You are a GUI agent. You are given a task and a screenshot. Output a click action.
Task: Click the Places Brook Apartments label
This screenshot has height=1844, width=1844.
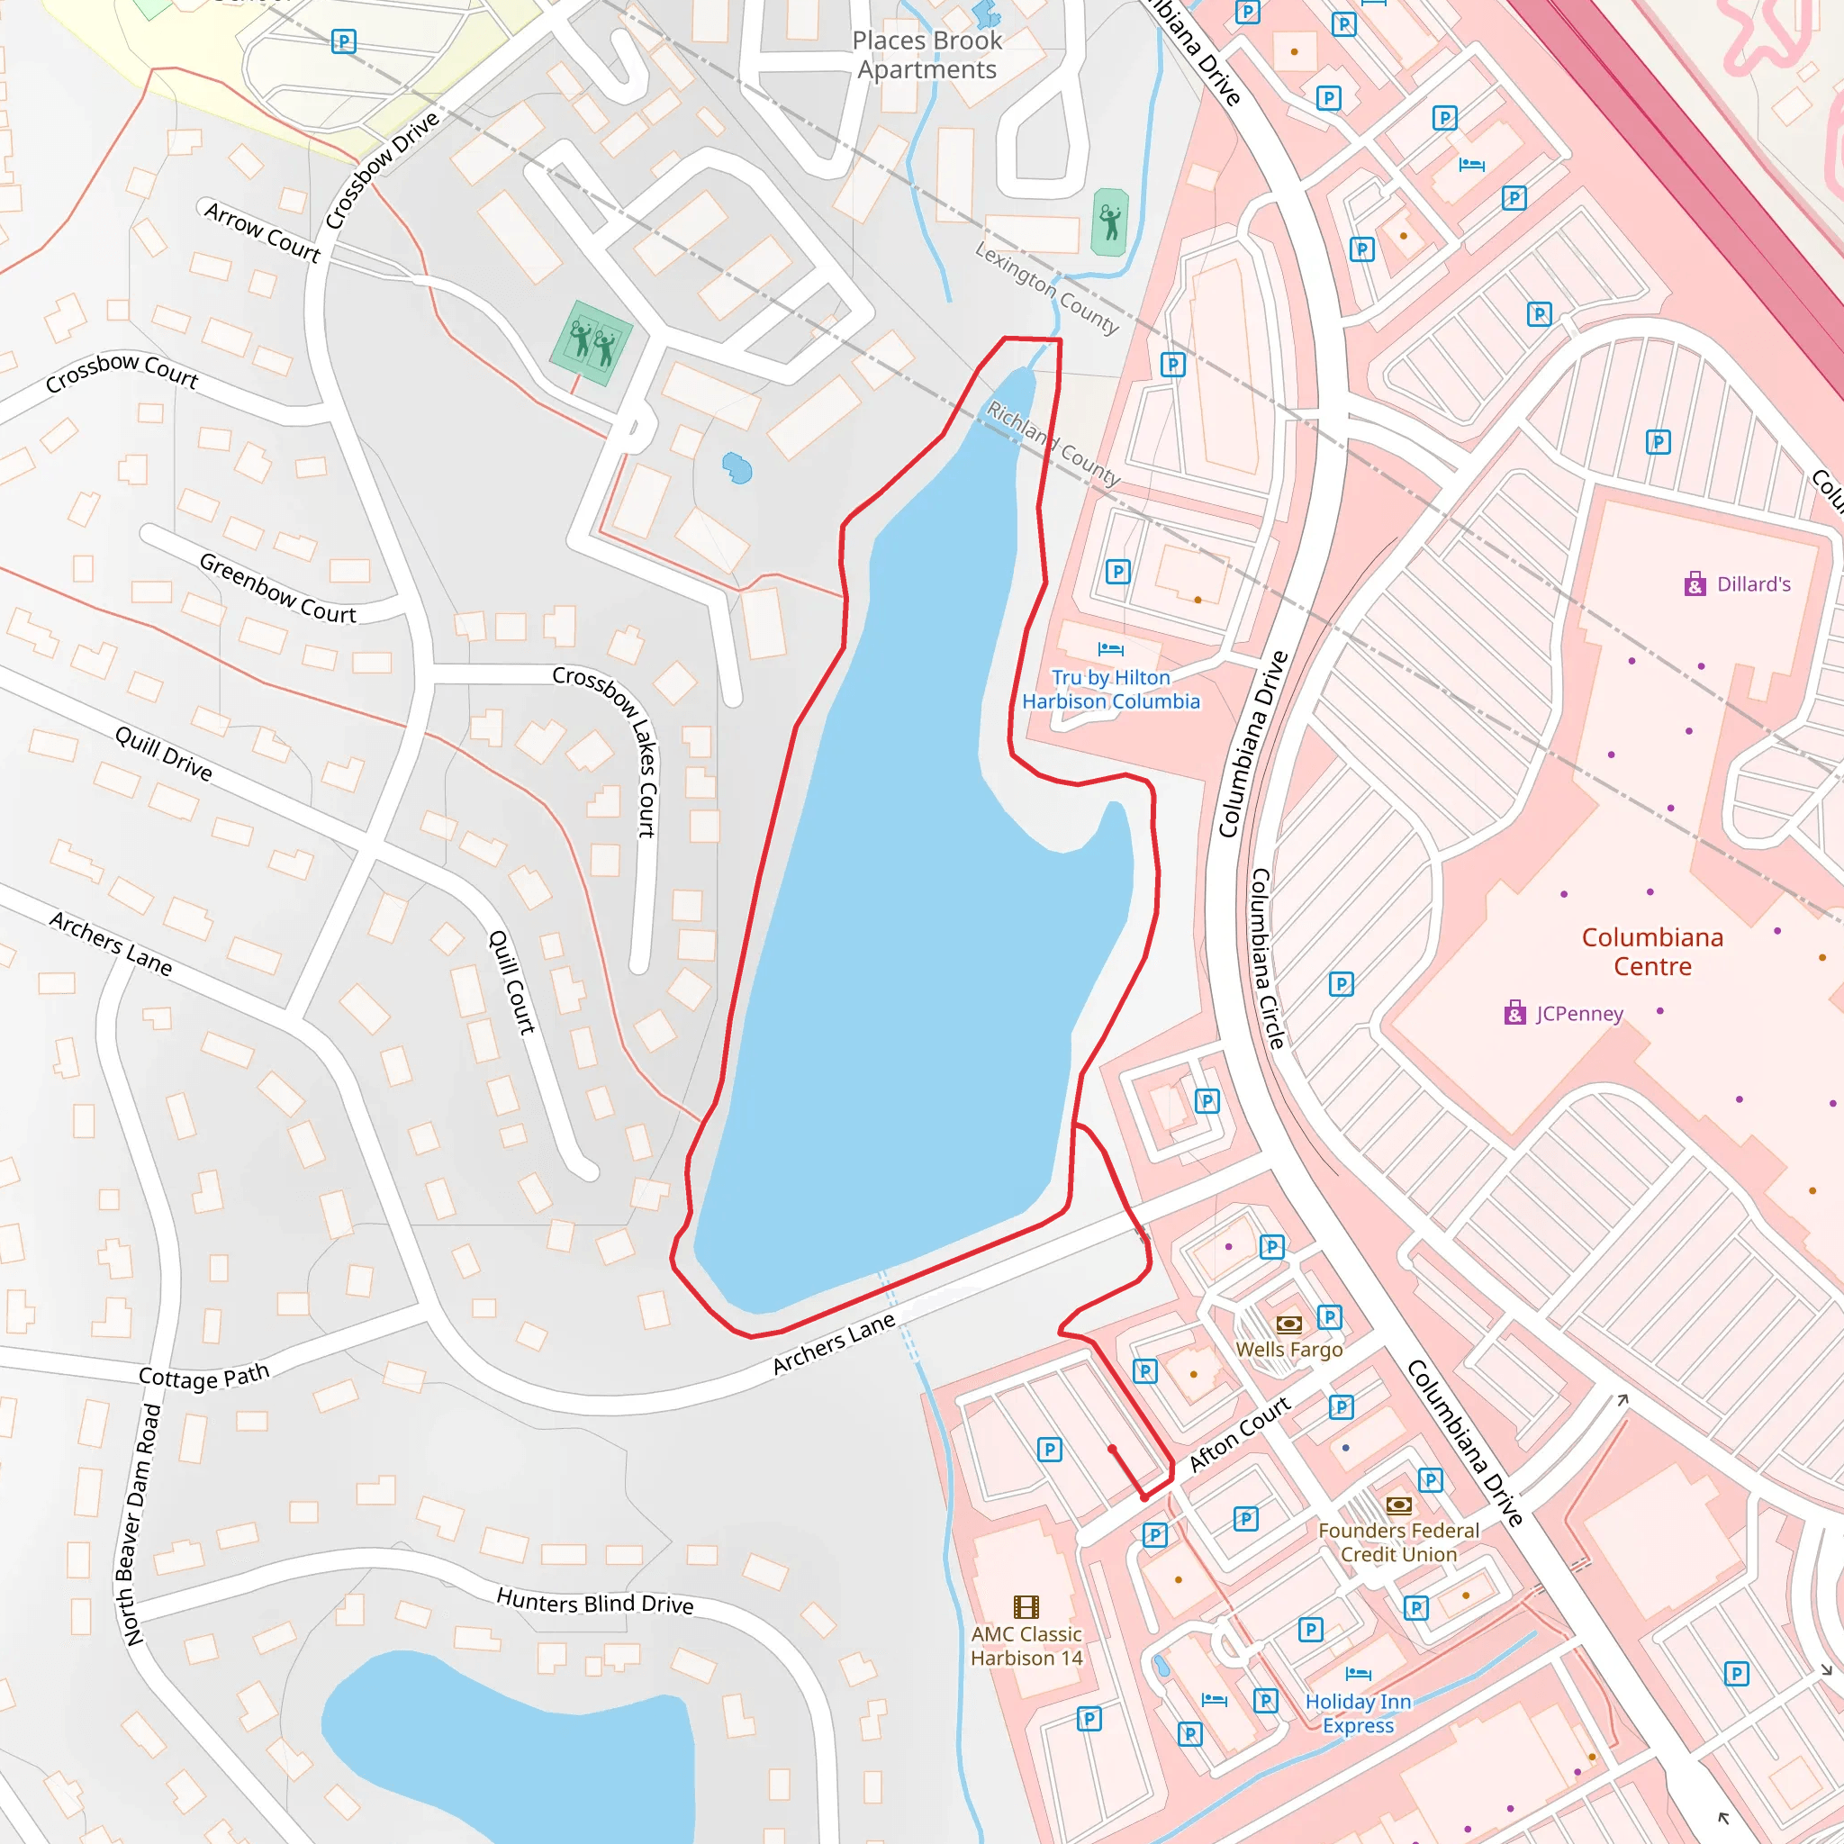[927, 55]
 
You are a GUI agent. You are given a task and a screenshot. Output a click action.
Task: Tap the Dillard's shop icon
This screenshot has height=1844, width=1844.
[1695, 584]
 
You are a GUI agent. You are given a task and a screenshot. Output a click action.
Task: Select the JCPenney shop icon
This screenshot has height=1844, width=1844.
[1514, 1013]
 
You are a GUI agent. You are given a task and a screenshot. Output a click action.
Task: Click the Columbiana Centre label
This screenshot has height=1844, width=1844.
[1652, 952]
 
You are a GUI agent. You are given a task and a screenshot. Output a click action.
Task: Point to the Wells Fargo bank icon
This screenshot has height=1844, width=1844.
[1288, 1324]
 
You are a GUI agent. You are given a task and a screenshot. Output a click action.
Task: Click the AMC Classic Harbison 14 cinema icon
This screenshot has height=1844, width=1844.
[1026, 1606]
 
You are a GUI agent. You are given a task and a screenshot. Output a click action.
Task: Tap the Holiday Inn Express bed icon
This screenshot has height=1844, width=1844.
[1358, 1674]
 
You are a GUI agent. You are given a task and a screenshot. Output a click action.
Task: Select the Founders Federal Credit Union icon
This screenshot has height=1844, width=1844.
[1398, 1505]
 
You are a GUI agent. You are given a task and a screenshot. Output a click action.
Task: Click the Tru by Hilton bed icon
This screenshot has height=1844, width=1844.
[1110, 649]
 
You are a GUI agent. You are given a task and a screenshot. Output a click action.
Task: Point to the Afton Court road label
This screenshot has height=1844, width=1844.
[1239, 1433]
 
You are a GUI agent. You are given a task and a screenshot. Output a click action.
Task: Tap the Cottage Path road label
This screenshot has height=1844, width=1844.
[204, 1377]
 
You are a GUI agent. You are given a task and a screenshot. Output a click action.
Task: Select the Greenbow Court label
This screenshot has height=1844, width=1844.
[276, 589]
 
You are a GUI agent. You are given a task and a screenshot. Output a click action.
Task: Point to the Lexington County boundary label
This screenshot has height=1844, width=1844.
[1046, 288]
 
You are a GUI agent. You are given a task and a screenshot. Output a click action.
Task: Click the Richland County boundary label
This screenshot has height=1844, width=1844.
[1053, 444]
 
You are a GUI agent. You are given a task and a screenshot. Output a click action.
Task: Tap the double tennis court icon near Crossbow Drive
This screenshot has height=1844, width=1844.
[592, 343]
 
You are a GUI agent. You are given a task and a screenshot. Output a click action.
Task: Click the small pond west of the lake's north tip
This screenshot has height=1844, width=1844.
[737, 467]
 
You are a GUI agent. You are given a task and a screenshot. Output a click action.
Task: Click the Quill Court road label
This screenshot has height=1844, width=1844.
[511, 982]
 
